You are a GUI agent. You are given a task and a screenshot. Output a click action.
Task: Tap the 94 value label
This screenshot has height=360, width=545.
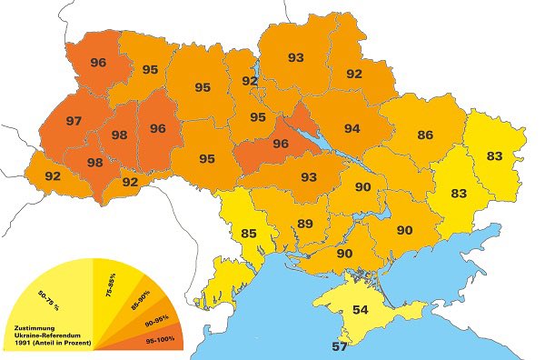(352, 128)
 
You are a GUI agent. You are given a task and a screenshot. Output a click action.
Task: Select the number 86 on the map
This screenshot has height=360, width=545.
(425, 135)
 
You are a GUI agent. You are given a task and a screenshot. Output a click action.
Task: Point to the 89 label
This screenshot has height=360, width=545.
(305, 224)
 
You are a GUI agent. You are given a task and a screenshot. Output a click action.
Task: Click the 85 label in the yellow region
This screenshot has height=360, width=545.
(249, 233)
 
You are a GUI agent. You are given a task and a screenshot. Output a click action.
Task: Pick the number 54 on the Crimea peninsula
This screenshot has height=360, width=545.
(361, 310)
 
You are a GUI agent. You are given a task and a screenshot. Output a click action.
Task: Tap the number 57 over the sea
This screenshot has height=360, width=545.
(339, 347)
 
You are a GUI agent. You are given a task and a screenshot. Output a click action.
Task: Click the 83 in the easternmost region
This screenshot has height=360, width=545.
(494, 155)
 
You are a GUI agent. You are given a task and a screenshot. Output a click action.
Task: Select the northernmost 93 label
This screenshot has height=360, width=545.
(296, 57)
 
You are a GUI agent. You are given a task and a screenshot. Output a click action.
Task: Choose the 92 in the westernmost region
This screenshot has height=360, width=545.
(53, 175)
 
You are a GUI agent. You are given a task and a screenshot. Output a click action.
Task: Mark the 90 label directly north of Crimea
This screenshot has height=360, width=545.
(344, 254)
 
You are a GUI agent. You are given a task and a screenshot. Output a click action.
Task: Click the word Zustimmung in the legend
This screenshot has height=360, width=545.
(31, 325)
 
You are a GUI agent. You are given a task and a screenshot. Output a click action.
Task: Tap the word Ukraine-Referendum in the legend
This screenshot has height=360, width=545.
(45, 335)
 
